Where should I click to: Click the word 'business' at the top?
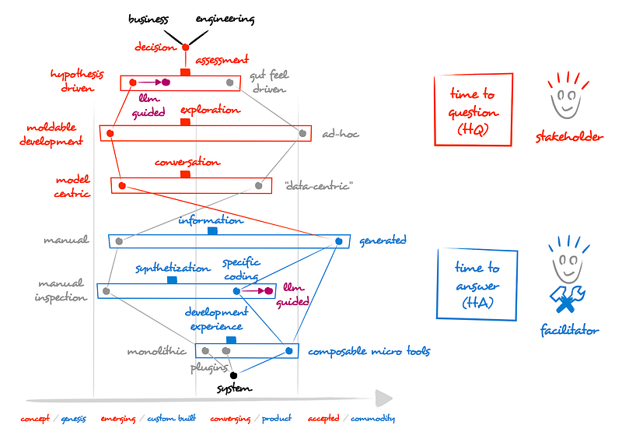[x=150, y=19]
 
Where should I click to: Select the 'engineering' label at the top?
[x=225, y=19]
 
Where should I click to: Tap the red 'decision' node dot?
[x=185, y=47]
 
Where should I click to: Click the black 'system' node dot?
[x=233, y=375]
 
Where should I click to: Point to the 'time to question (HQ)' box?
[x=473, y=110]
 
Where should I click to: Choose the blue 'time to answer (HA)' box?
[x=477, y=284]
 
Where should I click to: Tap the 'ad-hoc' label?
[x=341, y=135]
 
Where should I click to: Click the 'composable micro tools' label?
[x=369, y=352]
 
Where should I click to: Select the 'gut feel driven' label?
[x=268, y=83]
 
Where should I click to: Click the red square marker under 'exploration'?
[x=185, y=122]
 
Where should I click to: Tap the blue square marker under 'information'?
[x=212, y=231]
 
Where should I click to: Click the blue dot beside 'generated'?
[x=338, y=241]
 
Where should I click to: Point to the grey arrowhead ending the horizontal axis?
[x=383, y=399]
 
